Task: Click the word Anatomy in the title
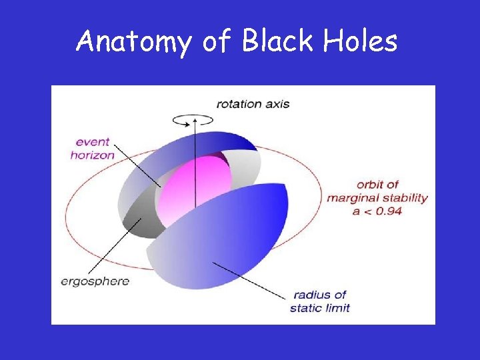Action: [133, 42]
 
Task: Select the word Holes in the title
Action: [361, 41]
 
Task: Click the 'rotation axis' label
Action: [253, 104]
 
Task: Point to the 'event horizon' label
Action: [93, 148]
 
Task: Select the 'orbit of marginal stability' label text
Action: [377, 192]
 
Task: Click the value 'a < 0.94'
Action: [377, 211]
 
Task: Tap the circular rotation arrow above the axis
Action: [193, 119]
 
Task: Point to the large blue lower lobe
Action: [220, 240]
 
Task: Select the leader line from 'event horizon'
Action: [137, 163]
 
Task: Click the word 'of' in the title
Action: [216, 42]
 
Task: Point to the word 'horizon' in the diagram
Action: [93, 155]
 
